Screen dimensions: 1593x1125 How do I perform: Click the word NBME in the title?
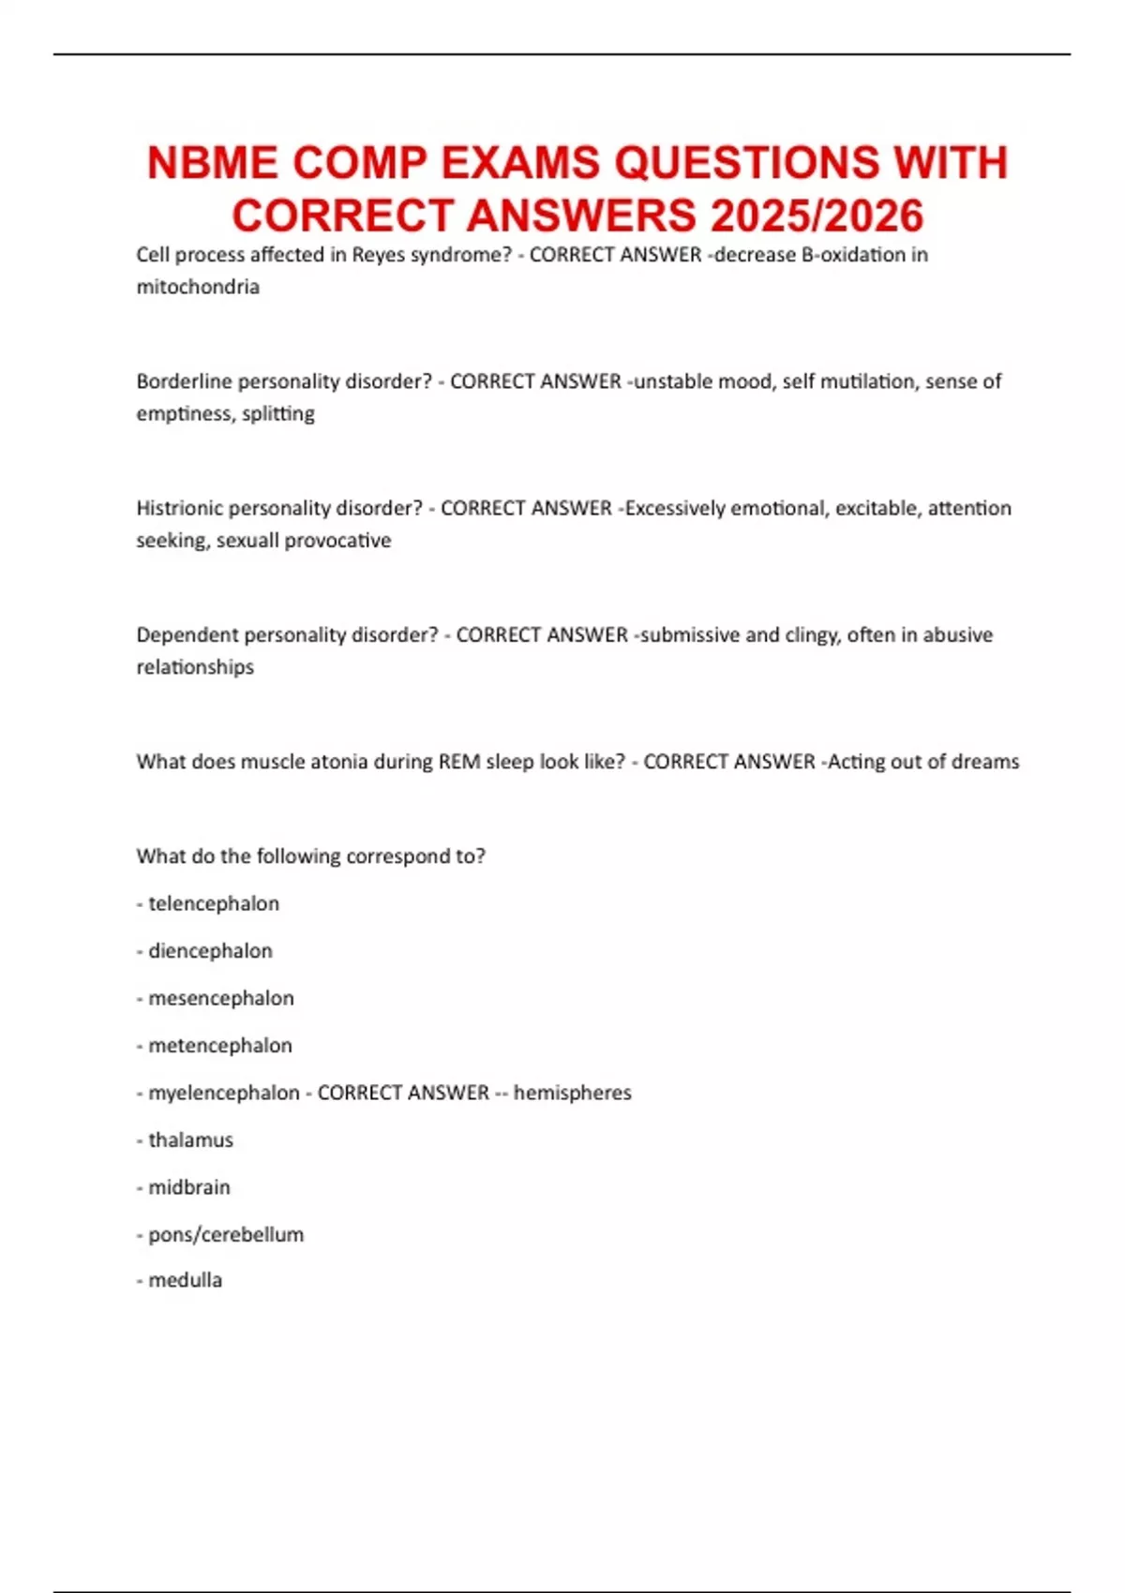click(213, 163)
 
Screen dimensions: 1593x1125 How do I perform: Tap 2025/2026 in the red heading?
click(817, 216)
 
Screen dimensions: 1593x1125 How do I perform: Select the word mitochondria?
click(198, 287)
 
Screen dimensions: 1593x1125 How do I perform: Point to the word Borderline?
click(184, 381)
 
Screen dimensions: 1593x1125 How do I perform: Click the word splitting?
click(278, 413)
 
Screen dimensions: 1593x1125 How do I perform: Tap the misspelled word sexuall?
click(247, 541)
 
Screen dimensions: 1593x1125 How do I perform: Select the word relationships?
click(195, 667)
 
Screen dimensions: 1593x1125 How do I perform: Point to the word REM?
click(459, 762)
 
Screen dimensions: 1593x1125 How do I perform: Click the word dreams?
click(984, 762)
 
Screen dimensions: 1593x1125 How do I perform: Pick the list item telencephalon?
click(214, 903)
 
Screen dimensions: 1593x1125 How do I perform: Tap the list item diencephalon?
click(210, 951)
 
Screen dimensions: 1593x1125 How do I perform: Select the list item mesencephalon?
click(221, 998)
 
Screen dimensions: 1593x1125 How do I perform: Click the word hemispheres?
click(573, 1093)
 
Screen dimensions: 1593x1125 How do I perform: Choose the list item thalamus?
click(190, 1140)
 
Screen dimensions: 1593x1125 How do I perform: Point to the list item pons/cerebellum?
click(226, 1235)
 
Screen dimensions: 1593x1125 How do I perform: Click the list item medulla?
click(186, 1280)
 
